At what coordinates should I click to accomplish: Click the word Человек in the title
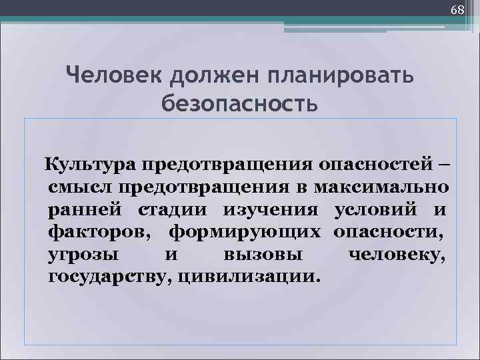[x=113, y=75]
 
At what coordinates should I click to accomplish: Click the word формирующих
[x=246, y=232]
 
